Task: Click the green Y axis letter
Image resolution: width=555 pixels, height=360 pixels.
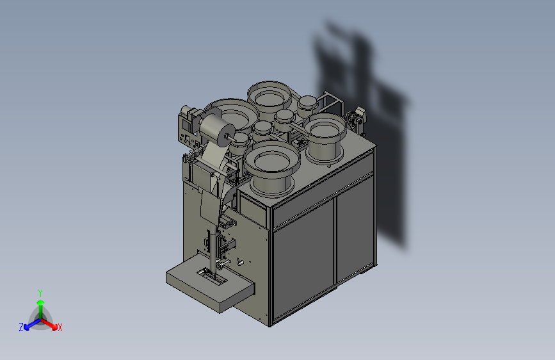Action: point(40,293)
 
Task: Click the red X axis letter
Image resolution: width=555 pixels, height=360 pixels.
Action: point(60,327)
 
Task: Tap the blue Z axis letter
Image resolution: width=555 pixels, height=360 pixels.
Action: point(21,327)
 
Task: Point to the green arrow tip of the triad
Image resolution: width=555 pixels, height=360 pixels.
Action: point(41,302)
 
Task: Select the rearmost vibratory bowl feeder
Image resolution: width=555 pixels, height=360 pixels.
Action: point(269,95)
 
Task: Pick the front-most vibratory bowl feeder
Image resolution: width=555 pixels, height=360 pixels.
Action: point(272,167)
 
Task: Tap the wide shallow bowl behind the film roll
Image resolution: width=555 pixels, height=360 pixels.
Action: point(236,113)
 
